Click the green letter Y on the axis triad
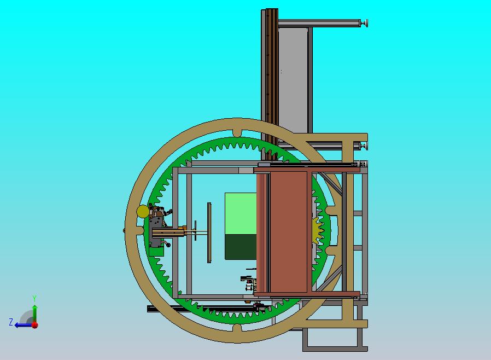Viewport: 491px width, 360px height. (34, 298)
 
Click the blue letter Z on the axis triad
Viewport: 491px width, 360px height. (11, 322)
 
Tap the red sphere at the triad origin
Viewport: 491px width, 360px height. (35, 325)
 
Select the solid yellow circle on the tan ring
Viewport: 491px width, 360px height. (143, 212)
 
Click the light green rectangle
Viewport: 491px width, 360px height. (241, 214)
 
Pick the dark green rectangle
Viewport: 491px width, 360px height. (241, 247)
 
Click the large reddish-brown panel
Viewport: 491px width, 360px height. (288, 232)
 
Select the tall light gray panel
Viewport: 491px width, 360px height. (293, 80)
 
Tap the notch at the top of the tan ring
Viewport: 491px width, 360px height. (237, 132)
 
